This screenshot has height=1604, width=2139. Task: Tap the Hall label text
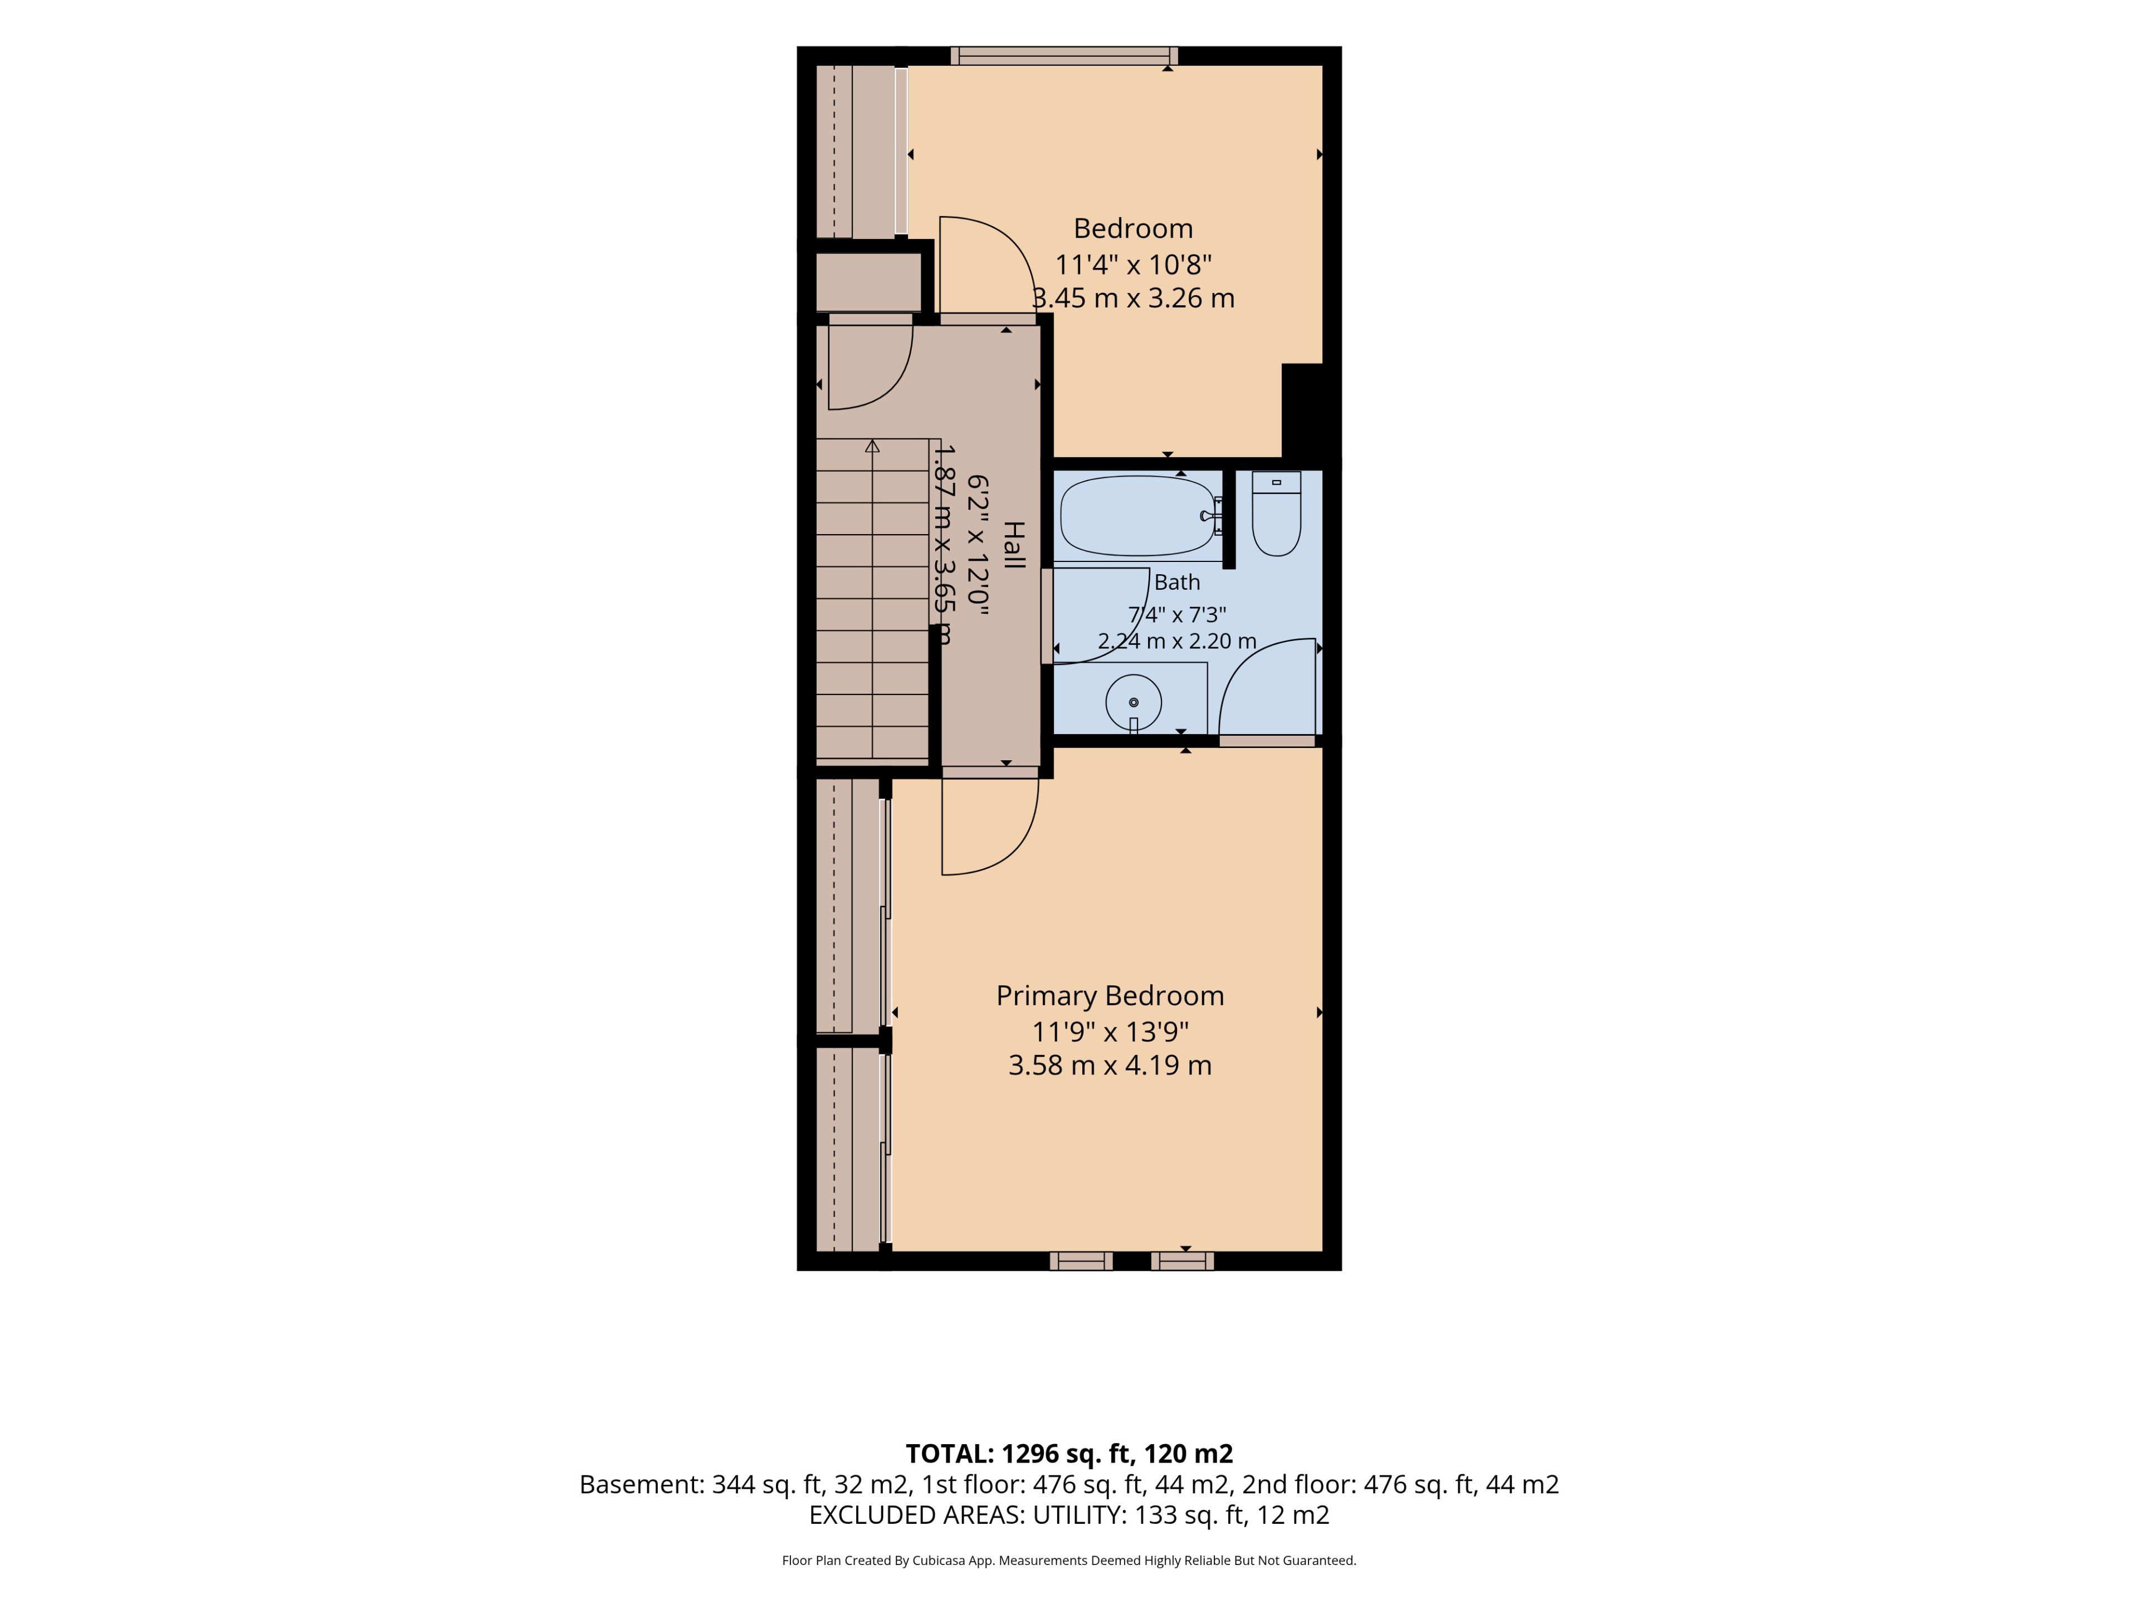tap(1013, 545)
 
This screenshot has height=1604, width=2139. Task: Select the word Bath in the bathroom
tap(1177, 582)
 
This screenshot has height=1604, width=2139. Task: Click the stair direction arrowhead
tap(872, 446)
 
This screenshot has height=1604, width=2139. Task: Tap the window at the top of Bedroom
tap(1064, 56)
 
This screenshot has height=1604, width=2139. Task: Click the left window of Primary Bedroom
tap(1081, 1261)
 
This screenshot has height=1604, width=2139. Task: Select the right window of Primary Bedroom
tap(1181, 1261)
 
